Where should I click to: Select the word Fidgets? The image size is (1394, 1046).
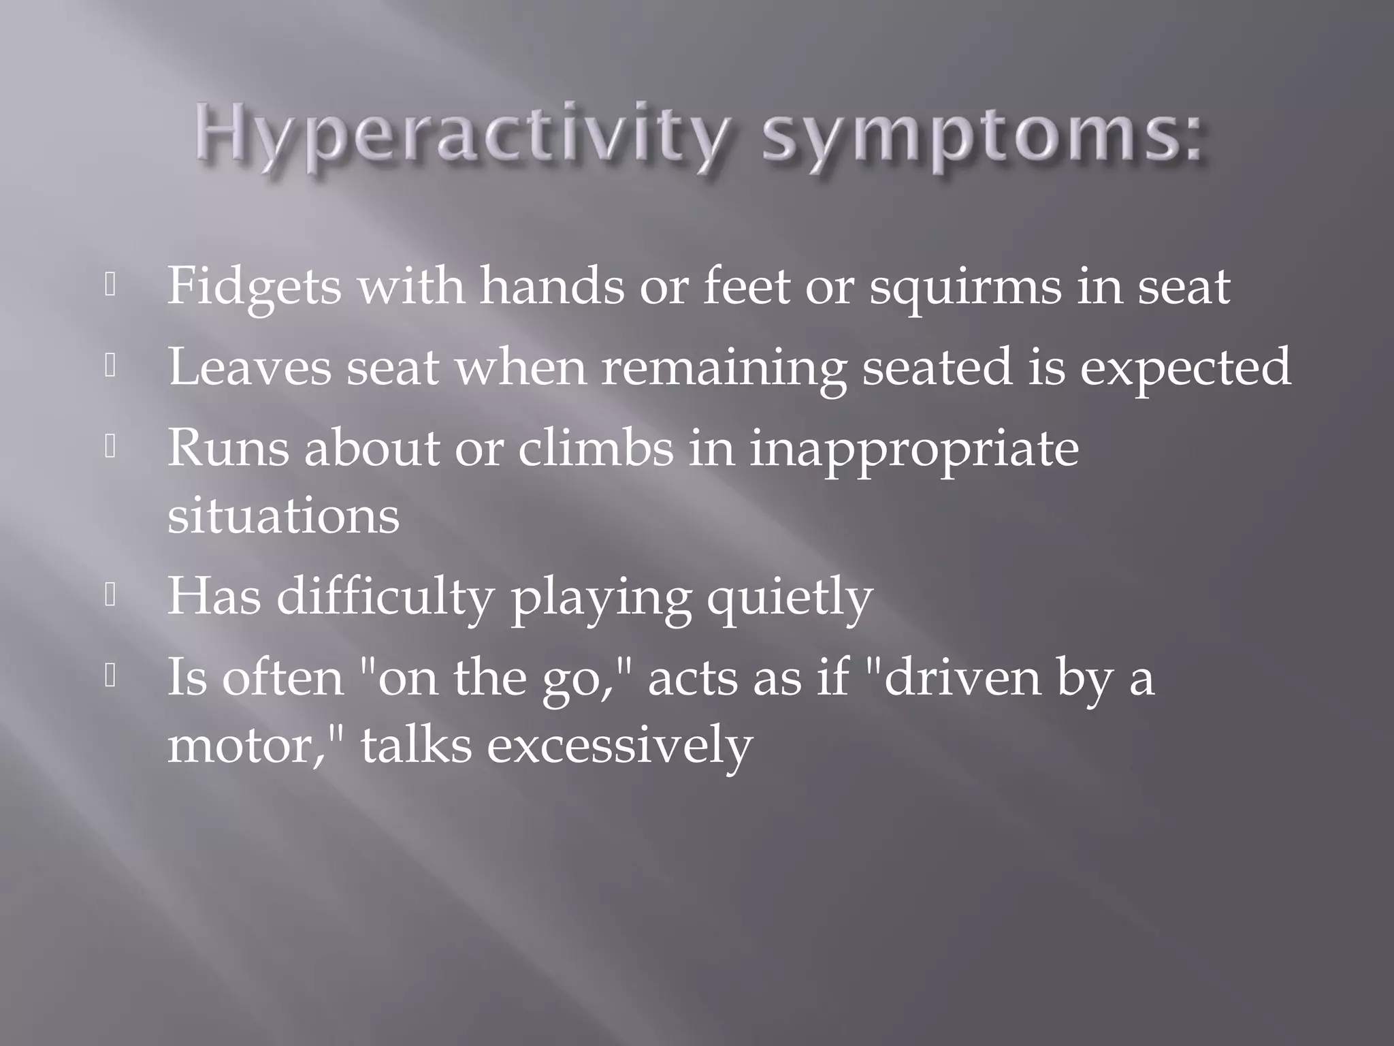254,287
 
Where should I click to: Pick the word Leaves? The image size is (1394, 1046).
250,367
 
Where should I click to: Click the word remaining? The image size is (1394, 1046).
723,368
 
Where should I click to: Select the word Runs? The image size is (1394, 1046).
228,449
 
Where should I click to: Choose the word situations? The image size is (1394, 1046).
283,516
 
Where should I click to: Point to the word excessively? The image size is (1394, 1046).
619,746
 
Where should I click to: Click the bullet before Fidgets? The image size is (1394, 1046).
111,286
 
